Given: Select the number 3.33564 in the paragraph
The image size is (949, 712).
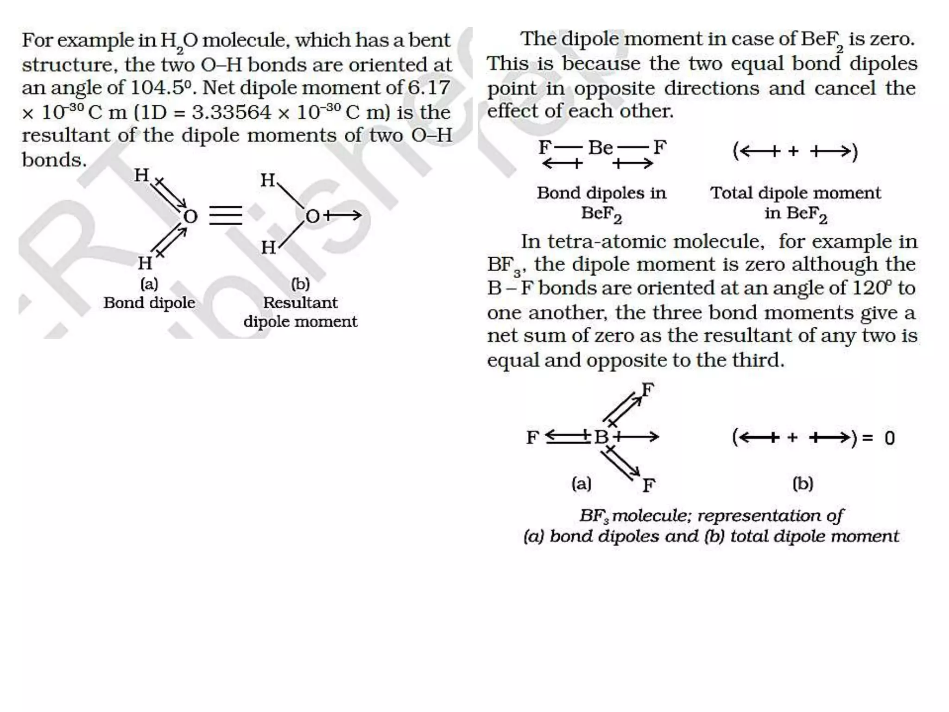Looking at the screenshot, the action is pyautogui.click(x=231, y=112).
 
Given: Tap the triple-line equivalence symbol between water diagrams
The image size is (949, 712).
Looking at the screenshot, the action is pyautogui.click(x=225, y=216).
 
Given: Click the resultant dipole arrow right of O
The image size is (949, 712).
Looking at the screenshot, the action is pyautogui.click(x=342, y=215).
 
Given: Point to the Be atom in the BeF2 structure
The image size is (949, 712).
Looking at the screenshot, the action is pyautogui.click(x=601, y=148).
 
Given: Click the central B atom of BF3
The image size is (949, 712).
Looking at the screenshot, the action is pyautogui.click(x=601, y=437).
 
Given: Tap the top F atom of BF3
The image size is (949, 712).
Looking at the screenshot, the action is pyautogui.click(x=647, y=390).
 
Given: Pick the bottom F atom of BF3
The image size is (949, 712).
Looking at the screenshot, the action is pyautogui.click(x=648, y=485).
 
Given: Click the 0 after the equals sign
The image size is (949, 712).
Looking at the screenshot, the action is pyautogui.click(x=889, y=438).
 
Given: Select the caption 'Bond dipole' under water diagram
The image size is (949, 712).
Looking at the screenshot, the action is pyautogui.click(x=149, y=303).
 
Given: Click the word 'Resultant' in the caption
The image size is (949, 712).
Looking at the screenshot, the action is pyautogui.click(x=300, y=303).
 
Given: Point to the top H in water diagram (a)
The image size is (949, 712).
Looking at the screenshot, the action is pyautogui.click(x=141, y=175).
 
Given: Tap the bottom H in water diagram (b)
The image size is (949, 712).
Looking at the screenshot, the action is pyautogui.click(x=268, y=248).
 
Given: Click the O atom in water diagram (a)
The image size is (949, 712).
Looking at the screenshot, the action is pyautogui.click(x=190, y=216).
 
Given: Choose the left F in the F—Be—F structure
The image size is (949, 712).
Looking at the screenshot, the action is pyautogui.click(x=544, y=148).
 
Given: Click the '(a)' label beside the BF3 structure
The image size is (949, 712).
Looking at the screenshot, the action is pyautogui.click(x=582, y=484).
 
